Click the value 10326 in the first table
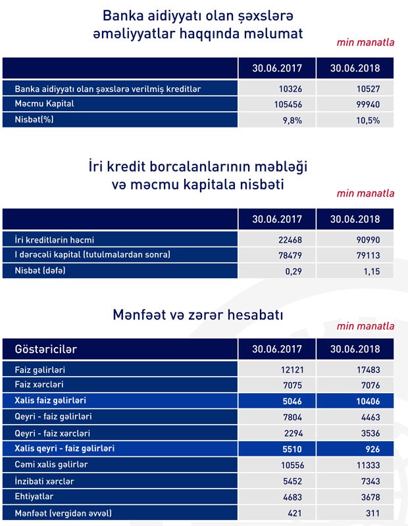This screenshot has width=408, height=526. pyautogui.click(x=290, y=89)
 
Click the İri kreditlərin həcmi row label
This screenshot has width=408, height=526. pyautogui.click(x=59, y=240)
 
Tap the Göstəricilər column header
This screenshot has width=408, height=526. pyautogui.click(x=46, y=348)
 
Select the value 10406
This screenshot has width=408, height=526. pyautogui.click(x=367, y=400)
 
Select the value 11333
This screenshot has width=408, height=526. pyautogui.click(x=367, y=464)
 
